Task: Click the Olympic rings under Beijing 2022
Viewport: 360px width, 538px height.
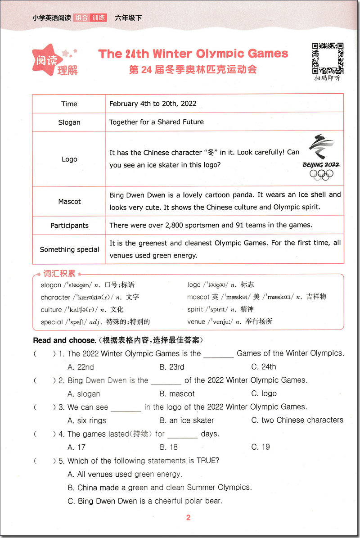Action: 321,175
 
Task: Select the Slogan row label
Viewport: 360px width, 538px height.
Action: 69,122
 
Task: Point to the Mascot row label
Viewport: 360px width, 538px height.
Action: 69,201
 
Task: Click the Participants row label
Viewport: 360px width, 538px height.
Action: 69,225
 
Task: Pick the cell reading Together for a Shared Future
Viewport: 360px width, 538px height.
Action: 156,122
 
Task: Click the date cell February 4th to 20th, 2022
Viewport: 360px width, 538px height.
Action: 153,104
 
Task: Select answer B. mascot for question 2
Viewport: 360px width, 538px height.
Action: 177,393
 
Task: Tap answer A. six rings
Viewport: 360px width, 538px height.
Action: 87,420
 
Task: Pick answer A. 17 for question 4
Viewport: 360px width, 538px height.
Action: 76,447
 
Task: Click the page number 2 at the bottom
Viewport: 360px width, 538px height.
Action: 188,518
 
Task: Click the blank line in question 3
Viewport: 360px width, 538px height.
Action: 126,408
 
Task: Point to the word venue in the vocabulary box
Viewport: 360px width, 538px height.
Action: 196,321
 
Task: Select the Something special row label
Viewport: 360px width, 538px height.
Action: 69,249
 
